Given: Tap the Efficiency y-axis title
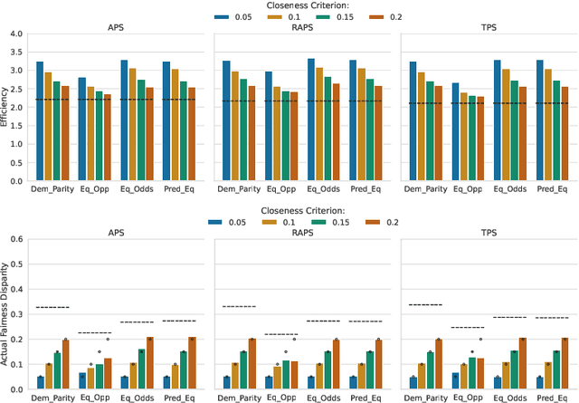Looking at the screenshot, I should coord(6,108).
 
